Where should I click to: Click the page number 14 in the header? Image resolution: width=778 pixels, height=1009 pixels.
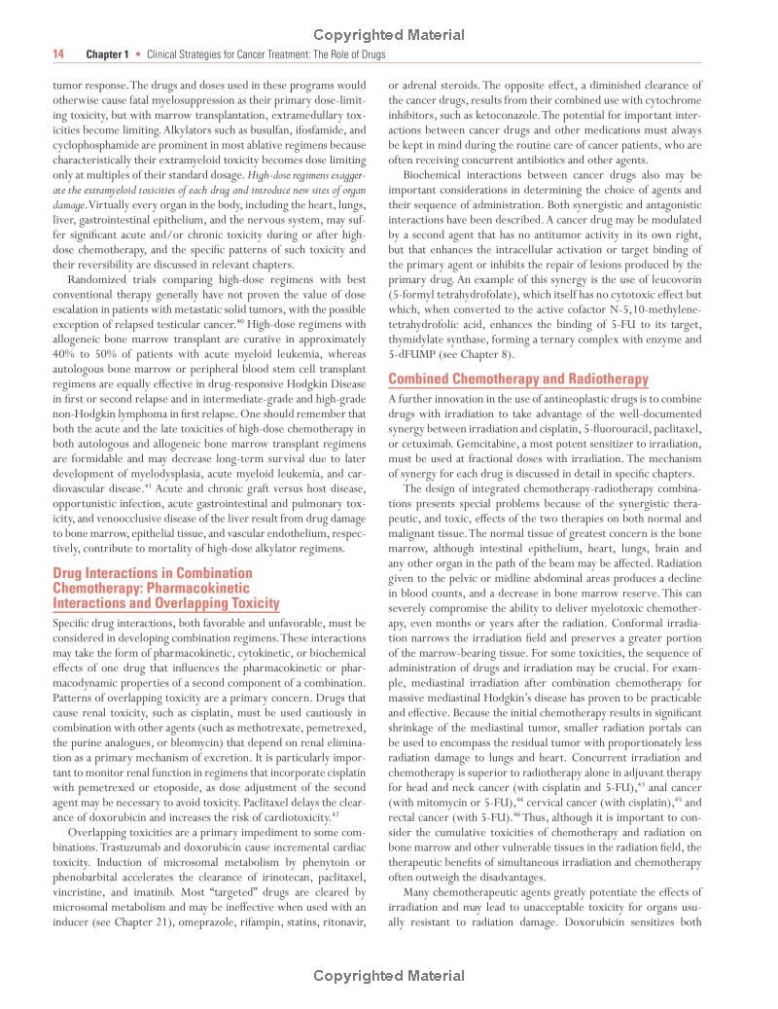[57, 55]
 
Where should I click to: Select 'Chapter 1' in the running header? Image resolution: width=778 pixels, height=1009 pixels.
[107, 55]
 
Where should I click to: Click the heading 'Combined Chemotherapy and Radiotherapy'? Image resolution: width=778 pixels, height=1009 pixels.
[517, 379]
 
